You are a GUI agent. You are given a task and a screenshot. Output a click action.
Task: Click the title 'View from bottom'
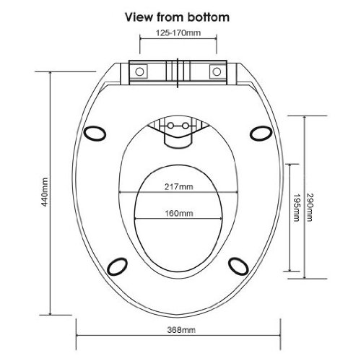(177, 17)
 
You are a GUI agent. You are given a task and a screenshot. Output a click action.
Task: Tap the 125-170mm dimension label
(178, 32)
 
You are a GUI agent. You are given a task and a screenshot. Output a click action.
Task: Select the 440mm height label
(45, 192)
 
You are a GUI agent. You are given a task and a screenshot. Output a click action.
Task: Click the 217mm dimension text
(179, 186)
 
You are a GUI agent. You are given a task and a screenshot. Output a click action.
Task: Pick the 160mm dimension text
(179, 213)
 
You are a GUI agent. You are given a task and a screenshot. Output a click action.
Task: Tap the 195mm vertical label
(296, 207)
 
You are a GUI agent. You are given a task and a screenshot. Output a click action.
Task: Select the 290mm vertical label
(310, 207)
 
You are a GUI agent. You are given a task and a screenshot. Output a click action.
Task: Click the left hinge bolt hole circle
(139, 71)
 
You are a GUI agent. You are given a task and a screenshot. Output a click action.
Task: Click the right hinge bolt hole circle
(217, 71)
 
